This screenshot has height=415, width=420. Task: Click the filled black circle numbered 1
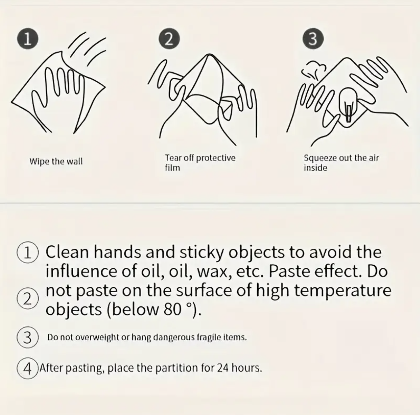28,39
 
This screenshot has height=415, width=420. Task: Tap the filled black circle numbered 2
169,39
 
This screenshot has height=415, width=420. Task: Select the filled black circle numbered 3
313,39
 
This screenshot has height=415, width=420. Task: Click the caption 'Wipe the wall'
56,162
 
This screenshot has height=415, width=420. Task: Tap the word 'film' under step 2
173,168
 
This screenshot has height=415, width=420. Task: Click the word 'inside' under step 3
316,168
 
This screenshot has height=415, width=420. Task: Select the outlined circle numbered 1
28,252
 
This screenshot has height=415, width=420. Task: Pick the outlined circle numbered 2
28,298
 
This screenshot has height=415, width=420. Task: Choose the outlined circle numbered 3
28,337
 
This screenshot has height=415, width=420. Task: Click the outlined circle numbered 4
28,368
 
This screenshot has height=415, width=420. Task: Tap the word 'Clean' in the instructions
67,252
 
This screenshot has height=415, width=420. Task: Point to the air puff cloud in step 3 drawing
314,70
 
